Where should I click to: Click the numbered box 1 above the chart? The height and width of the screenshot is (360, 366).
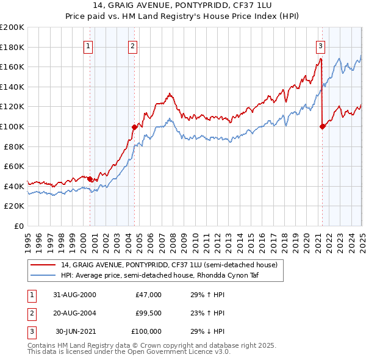coord(88,45)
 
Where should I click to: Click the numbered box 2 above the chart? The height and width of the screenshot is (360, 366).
coord(133,45)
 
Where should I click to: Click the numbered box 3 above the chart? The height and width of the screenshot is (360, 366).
coord(320,45)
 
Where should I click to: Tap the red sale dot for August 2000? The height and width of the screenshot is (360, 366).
coord(90,179)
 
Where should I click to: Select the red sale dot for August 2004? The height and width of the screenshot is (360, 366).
coord(134,127)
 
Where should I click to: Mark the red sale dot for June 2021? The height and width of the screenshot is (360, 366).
coord(322,126)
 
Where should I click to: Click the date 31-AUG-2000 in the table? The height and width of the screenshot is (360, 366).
coord(75,295)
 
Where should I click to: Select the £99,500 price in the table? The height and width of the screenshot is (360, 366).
coord(149,313)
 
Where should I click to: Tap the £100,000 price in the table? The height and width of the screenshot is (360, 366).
coord(147,331)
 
